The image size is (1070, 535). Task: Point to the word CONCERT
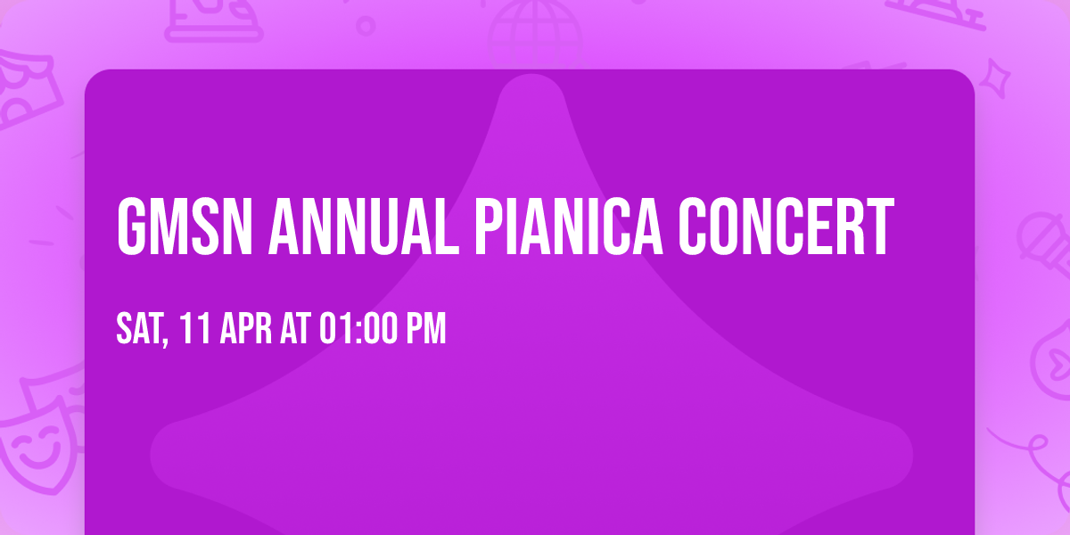pyautogui.click(x=786, y=227)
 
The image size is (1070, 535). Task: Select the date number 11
pyautogui.click(x=193, y=329)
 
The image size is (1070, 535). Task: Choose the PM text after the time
pyautogui.click(x=425, y=329)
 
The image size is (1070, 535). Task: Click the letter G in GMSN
pyautogui.click(x=132, y=227)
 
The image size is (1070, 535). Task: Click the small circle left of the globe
pyautogui.click(x=366, y=26)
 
